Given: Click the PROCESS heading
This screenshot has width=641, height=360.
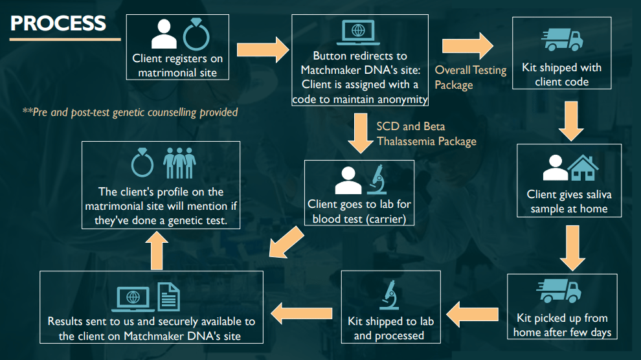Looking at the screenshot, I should pyautogui.click(x=58, y=23).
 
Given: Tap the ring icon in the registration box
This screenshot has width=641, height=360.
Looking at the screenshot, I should pyautogui.click(x=195, y=34).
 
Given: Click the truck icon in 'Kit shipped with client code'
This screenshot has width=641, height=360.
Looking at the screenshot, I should pyautogui.click(x=563, y=39).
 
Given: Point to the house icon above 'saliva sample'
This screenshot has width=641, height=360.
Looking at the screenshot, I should pyautogui.click(x=583, y=168).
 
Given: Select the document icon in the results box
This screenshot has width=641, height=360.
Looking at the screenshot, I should pyautogui.click(x=169, y=297).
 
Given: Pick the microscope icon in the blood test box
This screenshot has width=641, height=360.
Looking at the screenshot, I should pyautogui.click(x=377, y=179).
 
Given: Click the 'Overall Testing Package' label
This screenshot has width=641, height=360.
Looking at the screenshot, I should pyautogui.click(x=470, y=77).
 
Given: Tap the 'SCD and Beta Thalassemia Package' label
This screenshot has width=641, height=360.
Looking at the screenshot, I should pyautogui.click(x=426, y=133).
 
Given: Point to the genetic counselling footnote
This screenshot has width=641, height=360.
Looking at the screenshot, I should pyautogui.click(x=130, y=112).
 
